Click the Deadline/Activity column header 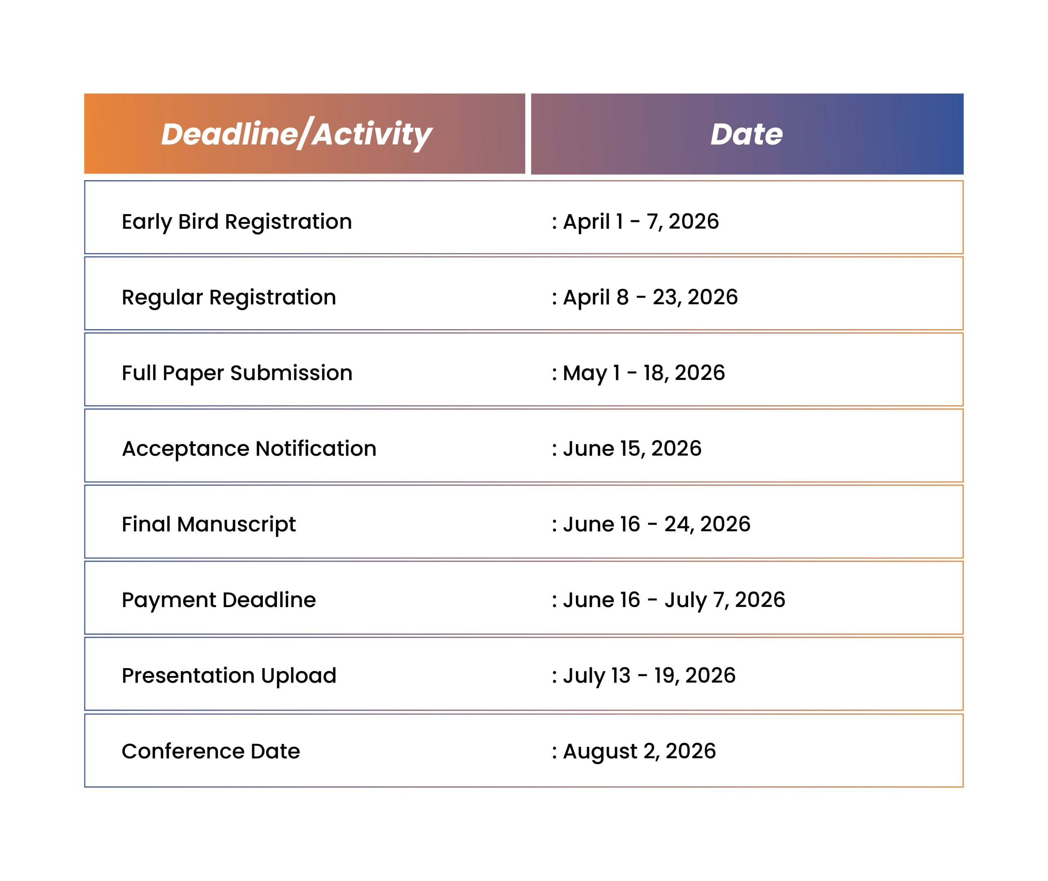tap(296, 134)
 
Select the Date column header tap(746, 134)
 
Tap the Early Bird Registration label tap(237, 221)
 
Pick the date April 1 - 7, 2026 tap(641, 221)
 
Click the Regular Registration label tap(229, 297)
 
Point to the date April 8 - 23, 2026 tap(650, 297)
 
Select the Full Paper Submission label tap(237, 373)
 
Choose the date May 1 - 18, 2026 tap(644, 373)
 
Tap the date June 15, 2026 tap(632, 449)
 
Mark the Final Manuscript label tap(208, 524)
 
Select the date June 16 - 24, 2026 tap(656, 524)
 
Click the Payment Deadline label tap(219, 600)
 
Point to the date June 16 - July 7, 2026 tap(673, 600)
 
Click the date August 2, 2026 tap(639, 751)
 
